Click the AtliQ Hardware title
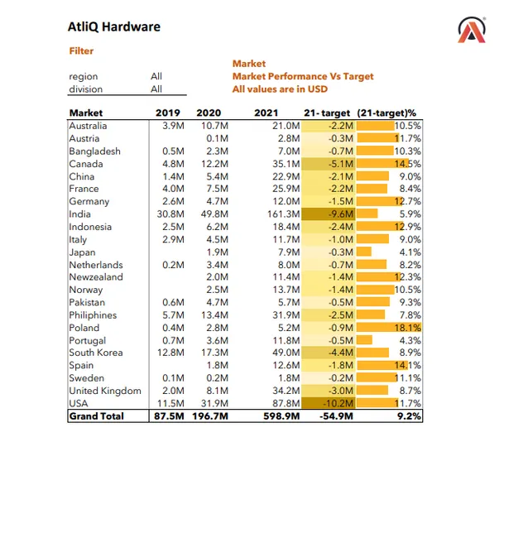[x=114, y=26]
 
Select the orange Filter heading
[x=81, y=50]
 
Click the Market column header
[x=86, y=113]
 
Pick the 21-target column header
[x=328, y=113]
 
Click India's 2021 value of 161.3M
[x=281, y=214]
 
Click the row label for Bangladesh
[x=94, y=151]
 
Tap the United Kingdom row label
[x=105, y=391]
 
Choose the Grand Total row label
[x=96, y=416]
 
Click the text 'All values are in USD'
[x=280, y=89]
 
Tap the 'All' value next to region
[x=156, y=77]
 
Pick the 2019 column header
[x=168, y=113]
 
